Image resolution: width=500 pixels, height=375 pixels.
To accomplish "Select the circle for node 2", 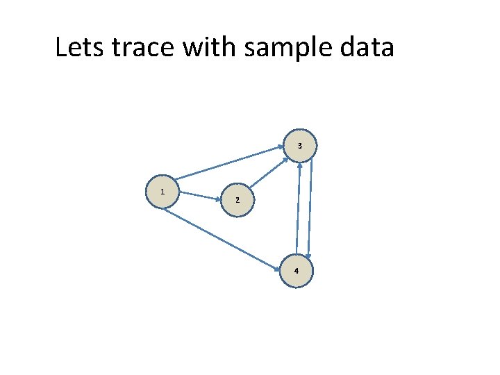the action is coord(237,200).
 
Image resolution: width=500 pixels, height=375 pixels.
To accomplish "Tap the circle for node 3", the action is coord(300,146).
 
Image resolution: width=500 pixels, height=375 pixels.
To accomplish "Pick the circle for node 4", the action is coord(297,270).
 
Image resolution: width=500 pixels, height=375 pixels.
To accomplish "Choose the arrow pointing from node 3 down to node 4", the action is coord(312,208).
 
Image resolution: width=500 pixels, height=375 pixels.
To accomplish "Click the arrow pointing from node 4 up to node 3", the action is coord(298,208).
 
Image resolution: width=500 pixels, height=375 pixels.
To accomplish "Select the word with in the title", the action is coord(203,48).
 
